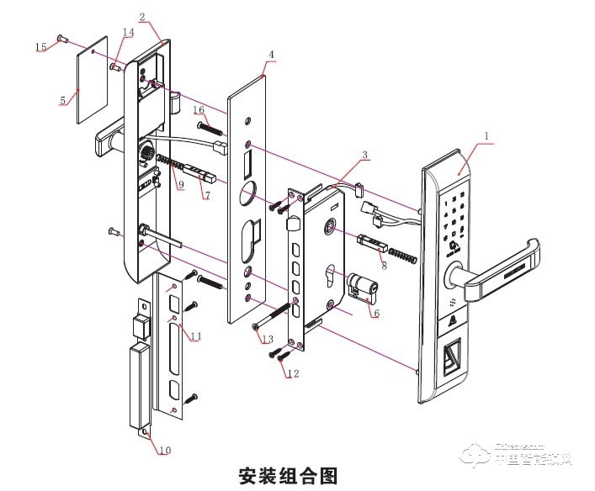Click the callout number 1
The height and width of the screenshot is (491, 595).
[486, 135]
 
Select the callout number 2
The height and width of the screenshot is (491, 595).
[142, 17]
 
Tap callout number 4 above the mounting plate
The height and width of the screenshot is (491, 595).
[270, 55]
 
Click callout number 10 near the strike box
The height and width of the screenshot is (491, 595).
[164, 450]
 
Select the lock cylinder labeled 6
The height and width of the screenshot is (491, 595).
[364, 289]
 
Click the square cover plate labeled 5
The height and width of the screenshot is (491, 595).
[94, 79]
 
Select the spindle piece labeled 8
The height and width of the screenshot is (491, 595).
[375, 243]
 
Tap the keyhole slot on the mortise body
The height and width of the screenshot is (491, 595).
[329, 278]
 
